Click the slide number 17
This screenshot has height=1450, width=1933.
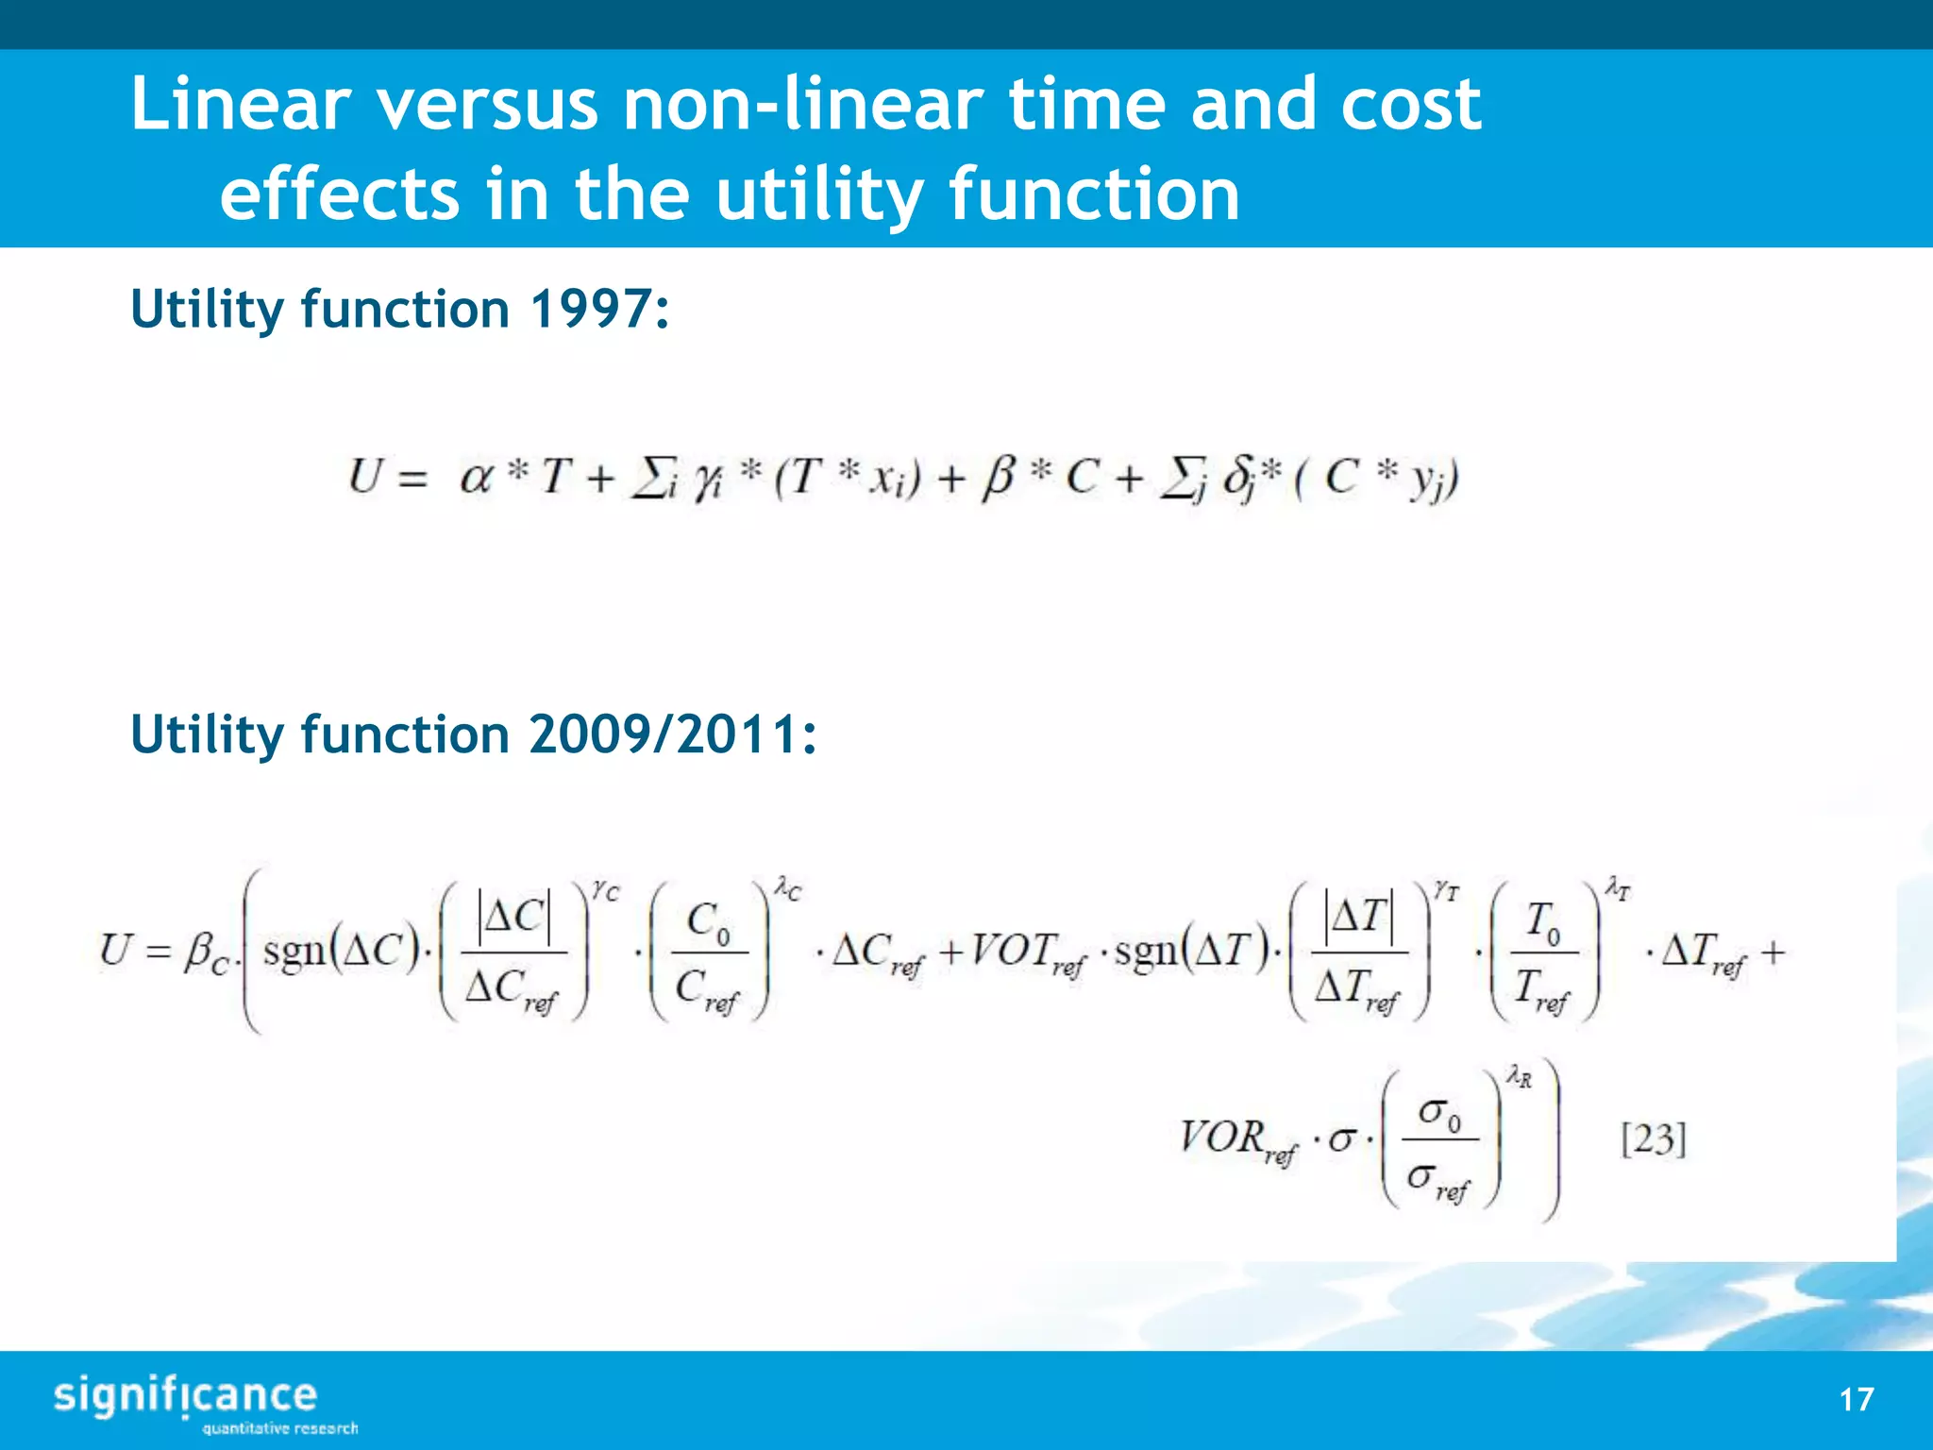[1856, 1399]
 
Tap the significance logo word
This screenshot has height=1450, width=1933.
[185, 1396]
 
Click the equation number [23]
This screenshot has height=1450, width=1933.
[1653, 1139]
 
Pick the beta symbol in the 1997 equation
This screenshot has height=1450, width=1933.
[998, 478]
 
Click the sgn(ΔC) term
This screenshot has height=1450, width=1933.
[341, 951]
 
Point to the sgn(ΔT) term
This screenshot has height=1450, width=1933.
[1191, 951]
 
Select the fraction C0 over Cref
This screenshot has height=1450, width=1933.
[709, 953]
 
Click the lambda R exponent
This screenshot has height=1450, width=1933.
[1519, 1076]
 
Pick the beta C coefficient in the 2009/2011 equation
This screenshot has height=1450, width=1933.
[206, 953]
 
